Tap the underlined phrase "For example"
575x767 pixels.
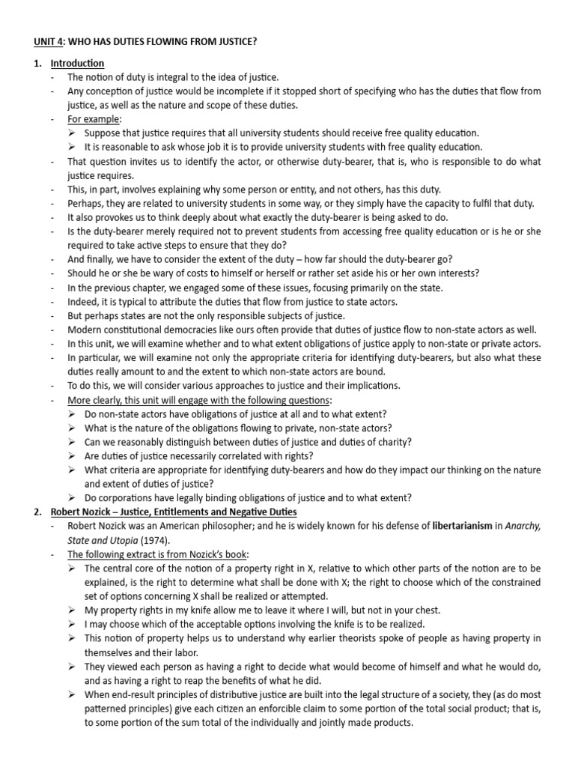point(94,119)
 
